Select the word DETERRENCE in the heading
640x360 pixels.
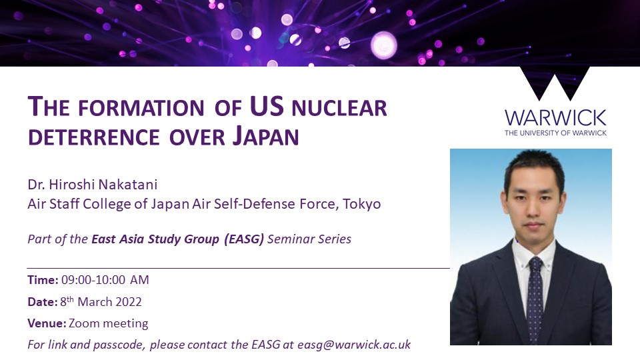click(x=87, y=137)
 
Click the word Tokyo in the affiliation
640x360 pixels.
click(x=362, y=204)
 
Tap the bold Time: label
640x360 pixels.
click(x=43, y=280)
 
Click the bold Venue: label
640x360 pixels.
click(x=46, y=323)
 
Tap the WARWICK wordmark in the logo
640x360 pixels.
click(x=555, y=118)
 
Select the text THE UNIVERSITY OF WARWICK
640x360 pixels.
click(x=555, y=133)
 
